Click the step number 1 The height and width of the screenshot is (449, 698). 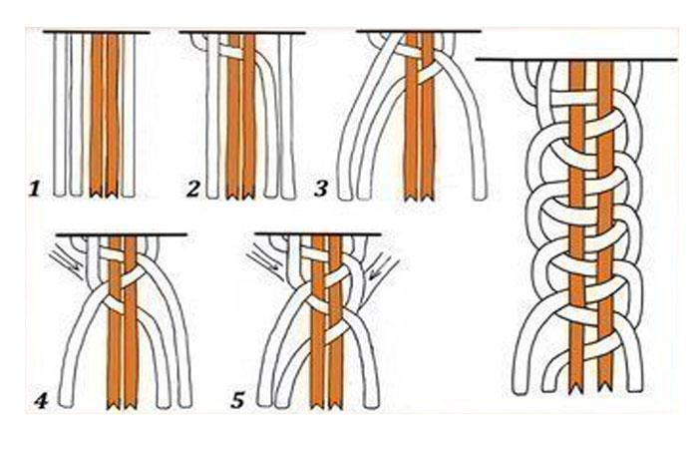(35, 189)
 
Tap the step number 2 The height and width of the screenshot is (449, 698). (193, 189)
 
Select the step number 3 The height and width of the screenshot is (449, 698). (321, 189)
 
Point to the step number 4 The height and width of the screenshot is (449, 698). (41, 401)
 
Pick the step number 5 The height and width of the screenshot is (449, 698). (237, 400)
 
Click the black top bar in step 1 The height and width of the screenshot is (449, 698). (96, 32)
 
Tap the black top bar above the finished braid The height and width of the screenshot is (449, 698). (576, 59)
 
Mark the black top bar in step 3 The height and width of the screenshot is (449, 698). (419, 31)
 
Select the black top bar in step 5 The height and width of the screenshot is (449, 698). (318, 233)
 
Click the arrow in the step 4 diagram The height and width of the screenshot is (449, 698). (66, 261)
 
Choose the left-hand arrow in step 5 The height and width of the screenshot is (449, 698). (262, 261)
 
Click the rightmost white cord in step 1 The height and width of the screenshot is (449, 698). (129, 115)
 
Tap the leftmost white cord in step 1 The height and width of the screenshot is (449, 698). (60, 115)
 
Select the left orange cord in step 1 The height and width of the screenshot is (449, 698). (97, 115)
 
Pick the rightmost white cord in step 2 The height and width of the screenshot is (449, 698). (287, 117)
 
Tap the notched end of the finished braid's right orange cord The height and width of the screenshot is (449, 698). (605, 390)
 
